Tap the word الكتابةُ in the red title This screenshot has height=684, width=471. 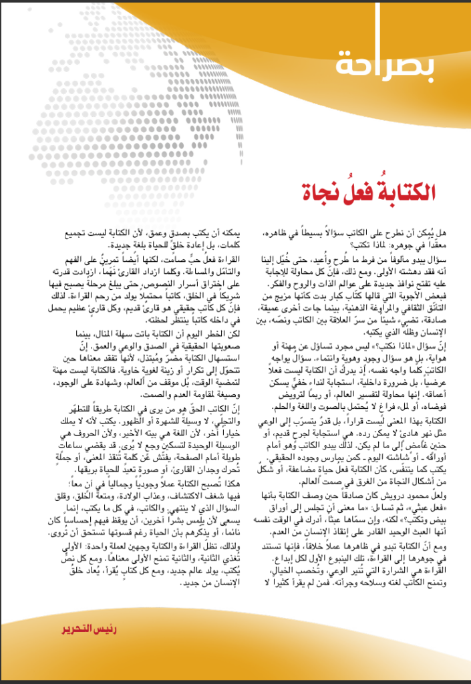[404, 193]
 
